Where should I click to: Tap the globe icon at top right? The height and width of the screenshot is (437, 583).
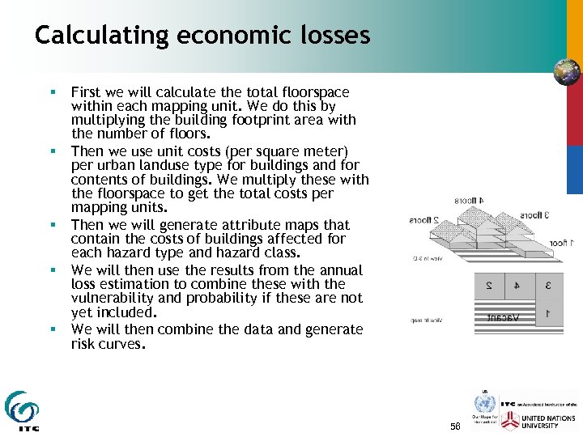click(x=567, y=73)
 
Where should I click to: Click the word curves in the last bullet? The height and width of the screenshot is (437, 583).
click(x=122, y=344)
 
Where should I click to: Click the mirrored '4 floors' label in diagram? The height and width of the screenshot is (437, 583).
click(x=469, y=199)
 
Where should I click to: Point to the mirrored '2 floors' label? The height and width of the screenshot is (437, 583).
click(x=424, y=219)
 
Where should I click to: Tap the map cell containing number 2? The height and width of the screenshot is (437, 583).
click(x=489, y=286)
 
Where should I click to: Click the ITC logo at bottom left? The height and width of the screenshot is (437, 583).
click(x=22, y=411)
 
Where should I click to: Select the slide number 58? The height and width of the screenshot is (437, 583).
click(x=455, y=426)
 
